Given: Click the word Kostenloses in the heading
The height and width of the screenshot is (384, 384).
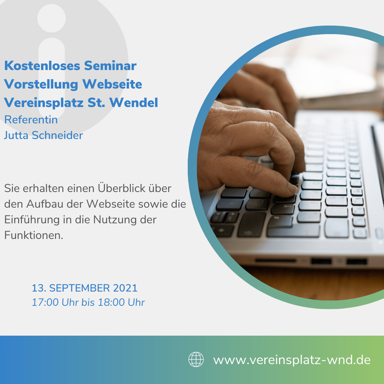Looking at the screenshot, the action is point(42,66).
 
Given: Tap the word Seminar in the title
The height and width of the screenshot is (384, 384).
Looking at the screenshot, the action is point(110,66).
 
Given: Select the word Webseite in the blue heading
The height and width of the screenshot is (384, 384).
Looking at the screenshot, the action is point(112,84).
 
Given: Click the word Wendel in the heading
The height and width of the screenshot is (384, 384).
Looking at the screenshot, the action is point(134,102).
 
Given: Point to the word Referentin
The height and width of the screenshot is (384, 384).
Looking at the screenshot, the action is point(31,120).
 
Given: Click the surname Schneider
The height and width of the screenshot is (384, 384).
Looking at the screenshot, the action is point(58,135).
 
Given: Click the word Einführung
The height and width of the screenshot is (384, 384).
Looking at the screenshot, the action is point(32,219).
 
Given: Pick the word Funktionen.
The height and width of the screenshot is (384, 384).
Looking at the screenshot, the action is point(34,235).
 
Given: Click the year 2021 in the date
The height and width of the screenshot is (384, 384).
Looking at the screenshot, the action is point(125,288).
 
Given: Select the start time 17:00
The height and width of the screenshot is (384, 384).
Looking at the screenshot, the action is point(45,303).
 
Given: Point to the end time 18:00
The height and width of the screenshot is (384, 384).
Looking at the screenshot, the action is point(111,303).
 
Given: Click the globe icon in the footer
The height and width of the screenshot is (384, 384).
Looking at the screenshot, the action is point(196,359).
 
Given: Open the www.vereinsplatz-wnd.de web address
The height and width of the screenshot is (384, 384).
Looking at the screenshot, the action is point(292,360).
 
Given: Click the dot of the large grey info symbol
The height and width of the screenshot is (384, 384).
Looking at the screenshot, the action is point(52,18).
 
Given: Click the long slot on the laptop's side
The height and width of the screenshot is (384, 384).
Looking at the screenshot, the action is point(276,261).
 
